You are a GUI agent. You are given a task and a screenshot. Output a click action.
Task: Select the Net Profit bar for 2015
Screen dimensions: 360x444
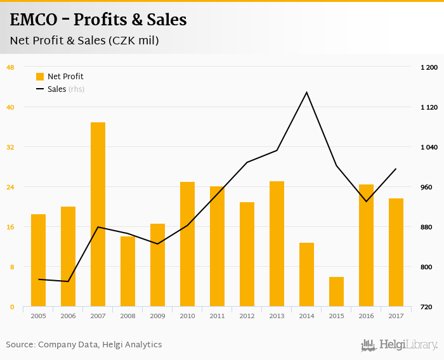pos(336,292)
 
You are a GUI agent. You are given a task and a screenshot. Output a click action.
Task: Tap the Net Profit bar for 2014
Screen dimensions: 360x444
pos(306,274)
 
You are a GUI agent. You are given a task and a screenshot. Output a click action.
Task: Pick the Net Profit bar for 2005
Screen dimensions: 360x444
pos(38,260)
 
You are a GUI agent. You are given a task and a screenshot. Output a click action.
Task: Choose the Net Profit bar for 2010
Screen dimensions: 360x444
pos(187,244)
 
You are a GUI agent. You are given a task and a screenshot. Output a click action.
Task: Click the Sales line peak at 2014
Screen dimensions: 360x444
pos(306,93)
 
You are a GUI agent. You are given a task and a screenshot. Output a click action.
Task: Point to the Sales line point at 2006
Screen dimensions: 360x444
pos(68,281)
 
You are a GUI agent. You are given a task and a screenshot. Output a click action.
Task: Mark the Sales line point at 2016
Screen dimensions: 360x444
pos(366,202)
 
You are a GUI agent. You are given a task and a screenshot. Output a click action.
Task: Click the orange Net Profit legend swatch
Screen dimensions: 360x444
pos(40,77)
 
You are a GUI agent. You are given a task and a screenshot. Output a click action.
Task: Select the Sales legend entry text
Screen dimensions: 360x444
pos(56,89)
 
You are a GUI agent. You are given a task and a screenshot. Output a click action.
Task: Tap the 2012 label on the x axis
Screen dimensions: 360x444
pos(247,316)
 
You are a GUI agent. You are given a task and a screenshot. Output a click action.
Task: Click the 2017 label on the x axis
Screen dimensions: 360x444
pos(396,316)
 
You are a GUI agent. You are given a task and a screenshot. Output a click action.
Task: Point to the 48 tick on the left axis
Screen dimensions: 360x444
pos(10,67)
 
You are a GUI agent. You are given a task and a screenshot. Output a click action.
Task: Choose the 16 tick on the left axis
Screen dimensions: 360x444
pos(10,227)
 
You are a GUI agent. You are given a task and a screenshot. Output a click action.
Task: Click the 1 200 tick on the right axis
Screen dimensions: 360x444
pos(429,67)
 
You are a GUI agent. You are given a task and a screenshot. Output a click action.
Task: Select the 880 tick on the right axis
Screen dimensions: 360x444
pos(429,227)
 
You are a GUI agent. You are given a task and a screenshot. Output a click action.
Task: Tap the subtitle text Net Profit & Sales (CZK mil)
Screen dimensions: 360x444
pos(84,41)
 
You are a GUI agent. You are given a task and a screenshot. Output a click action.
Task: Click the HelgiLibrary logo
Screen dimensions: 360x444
pos(400,345)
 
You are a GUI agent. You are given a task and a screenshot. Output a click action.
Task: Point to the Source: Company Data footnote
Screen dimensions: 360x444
pos(84,345)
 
